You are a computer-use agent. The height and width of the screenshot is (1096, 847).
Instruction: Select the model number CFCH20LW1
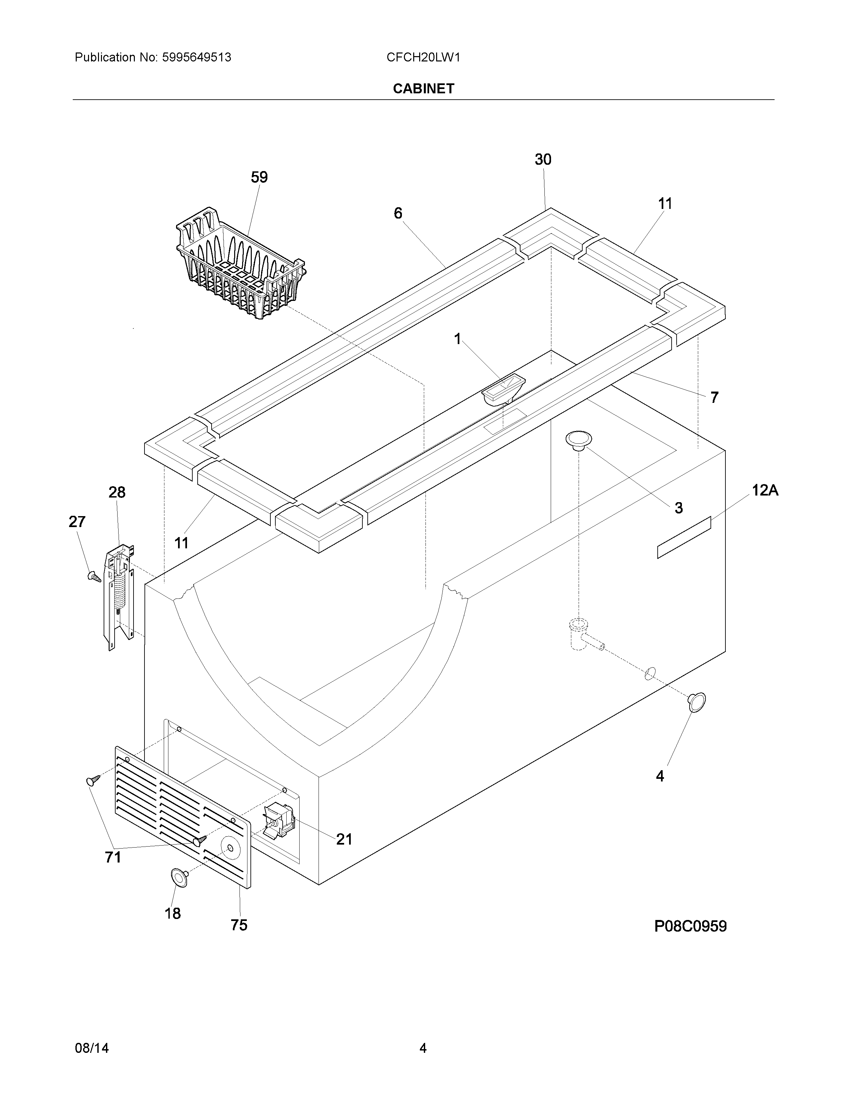click(423, 58)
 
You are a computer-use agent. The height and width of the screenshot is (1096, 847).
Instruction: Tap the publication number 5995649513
click(196, 58)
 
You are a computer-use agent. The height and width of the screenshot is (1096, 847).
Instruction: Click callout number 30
click(543, 159)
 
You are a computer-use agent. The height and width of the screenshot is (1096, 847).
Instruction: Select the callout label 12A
click(765, 490)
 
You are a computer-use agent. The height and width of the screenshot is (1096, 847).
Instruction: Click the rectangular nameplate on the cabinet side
click(684, 537)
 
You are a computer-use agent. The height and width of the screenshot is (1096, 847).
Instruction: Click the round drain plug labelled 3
click(579, 440)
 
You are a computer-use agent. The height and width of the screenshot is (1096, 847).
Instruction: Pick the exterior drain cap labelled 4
click(697, 702)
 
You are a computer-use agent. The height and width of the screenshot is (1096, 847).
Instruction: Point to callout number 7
click(714, 398)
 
